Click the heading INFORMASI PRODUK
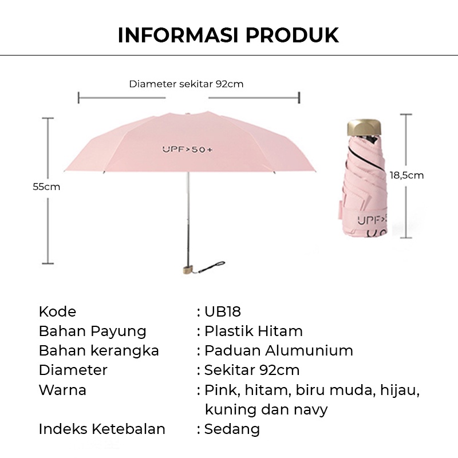(x=228, y=35)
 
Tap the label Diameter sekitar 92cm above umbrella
(x=186, y=84)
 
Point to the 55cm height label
(x=46, y=187)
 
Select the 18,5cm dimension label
(x=406, y=175)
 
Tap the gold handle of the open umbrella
(x=187, y=269)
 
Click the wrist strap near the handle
(x=212, y=266)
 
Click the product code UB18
(x=223, y=311)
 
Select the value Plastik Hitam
(x=253, y=331)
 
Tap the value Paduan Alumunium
(x=278, y=350)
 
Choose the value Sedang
(x=232, y=429)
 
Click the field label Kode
(x=57, y=311)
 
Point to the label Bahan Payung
(x=92, y=331)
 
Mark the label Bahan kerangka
(x=98, y=350)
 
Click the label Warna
(x=62, y=390)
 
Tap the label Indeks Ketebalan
(x=102, y=429)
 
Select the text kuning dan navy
(x=266, y=409)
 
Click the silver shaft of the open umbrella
(x=187, y=212)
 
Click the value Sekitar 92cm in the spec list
(x=252, y=370)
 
